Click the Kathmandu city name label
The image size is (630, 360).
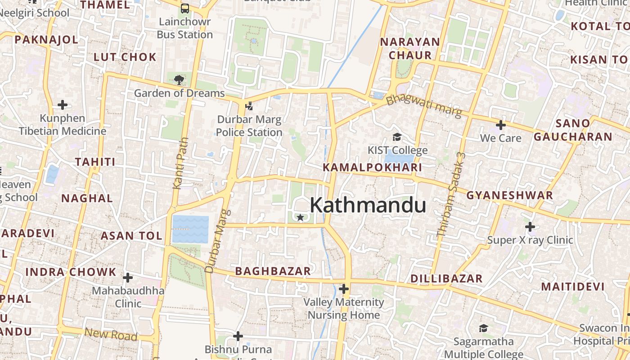tap(368, 205)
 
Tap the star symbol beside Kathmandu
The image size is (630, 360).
tap(300, 218)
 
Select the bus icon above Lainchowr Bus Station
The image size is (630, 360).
tap(185, 9)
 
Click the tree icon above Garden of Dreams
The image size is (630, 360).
tap(179, 80)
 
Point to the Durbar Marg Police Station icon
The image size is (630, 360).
tap(249, 106)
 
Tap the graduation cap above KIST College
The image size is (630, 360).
tap(397, 137)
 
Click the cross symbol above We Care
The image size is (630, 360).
tap(500, 125)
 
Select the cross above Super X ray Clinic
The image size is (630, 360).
tap(530, 226)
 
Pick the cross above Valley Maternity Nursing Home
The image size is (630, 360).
tap(344, 288)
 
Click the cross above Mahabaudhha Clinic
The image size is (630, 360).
tap(128, 277)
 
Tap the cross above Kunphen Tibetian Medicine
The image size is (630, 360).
tap(63, 105)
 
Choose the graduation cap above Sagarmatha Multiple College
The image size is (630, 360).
tap(483, 328)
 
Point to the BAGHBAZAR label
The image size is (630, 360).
tap(273, 271)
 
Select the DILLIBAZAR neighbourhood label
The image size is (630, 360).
tap(446, 279)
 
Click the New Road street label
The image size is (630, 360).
tap(111, 334)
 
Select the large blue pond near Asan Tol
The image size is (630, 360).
tap(190, 229)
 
